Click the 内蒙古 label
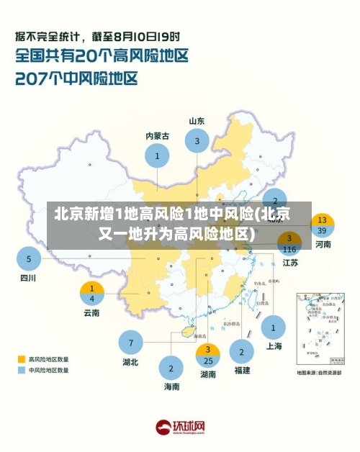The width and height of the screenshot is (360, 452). click(x=157, y=135)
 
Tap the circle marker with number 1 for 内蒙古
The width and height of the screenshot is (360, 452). click(x=157, y=155)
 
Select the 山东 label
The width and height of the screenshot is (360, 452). click(x=197, y=121)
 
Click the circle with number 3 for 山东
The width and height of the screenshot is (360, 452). click(x=197, y=141)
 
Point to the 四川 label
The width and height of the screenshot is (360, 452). click(x=27, y=278)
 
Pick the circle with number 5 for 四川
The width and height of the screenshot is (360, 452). click(x=29, y=258)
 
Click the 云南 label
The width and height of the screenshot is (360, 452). click(x=91, y=313)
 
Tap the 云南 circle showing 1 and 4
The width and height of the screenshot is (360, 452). click(x=91, y=293)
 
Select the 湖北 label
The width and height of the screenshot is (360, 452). click(x=130, y=362)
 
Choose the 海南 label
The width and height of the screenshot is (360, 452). click(x=171, y=387)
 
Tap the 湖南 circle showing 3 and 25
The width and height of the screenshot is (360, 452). click(x=208, y=355)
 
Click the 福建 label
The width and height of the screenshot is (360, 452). click(x=242, y=371)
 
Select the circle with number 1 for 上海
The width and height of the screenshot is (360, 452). click(x=273, y=327)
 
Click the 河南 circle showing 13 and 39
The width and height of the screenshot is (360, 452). click(x=322, y=225)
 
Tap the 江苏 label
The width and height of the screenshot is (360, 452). click(x=290, y=263)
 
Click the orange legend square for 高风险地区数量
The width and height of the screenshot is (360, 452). click(x=22, y=358)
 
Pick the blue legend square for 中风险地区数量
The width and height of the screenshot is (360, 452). click(x=22, y=370)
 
